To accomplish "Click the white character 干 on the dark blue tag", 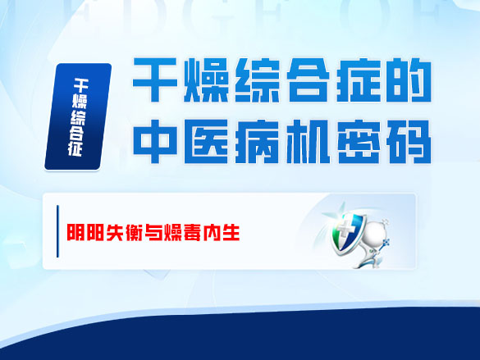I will pos(80,84).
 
